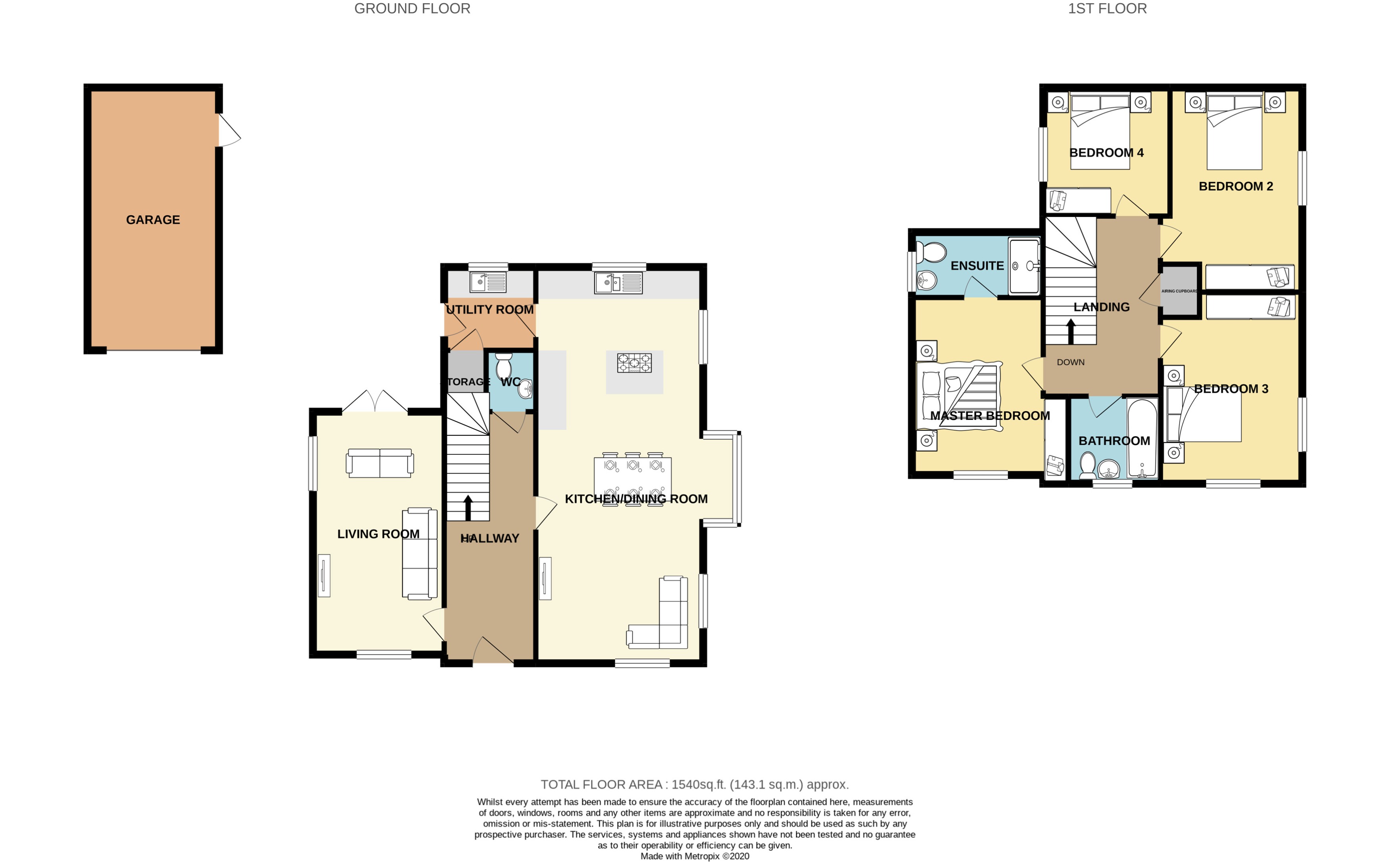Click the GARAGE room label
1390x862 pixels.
click(x=153, y=220)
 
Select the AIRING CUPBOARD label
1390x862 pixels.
click(x=1179, y=291)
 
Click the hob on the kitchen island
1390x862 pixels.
click(x=634, y=363)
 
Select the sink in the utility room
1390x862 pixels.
click(x=488, y=282)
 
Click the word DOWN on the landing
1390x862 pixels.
click(x=1070, y=362)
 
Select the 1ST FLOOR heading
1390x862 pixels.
click(x=1107, y=9)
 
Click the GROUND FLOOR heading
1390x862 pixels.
click(x=412, y=9)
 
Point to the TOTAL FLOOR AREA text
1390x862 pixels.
click(x=694, y=785)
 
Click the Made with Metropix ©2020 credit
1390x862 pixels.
click(x=694, y=856)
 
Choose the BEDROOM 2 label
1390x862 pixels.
click(x=1235, y=186)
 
